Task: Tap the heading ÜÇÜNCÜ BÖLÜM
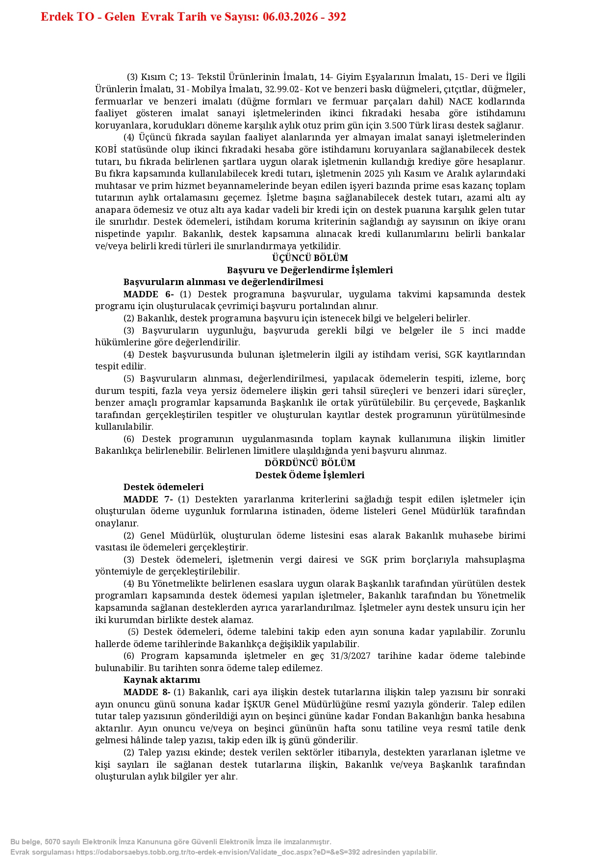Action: (310, 258)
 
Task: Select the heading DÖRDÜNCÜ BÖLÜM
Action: (310, 463)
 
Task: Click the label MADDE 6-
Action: (149, 294)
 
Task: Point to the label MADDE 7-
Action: (148, 499)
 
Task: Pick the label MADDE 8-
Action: (147, 692)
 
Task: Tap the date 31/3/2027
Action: (351, 656)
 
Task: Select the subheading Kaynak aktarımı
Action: (162, 680)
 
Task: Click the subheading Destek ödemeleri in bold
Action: (163, 487)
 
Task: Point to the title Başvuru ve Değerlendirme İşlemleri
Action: (310, 270)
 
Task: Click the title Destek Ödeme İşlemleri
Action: (310, 475)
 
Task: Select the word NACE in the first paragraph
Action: (460, 102)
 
